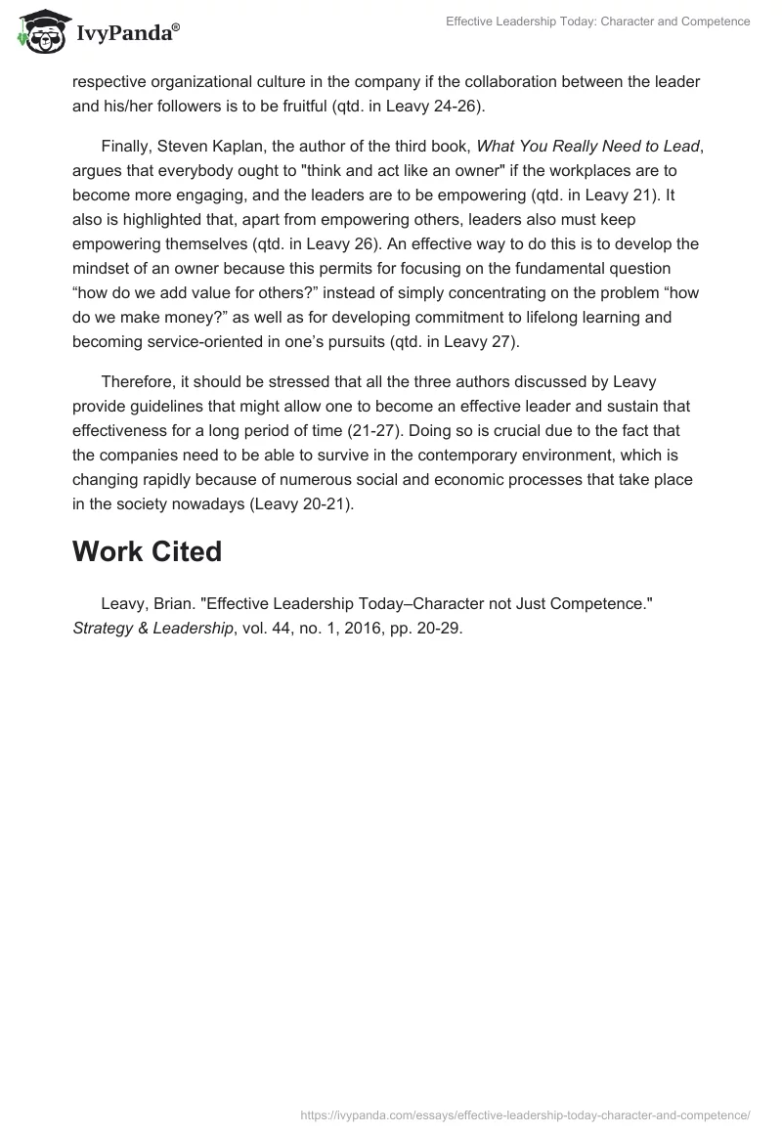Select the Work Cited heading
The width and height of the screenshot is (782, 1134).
click(147, 551)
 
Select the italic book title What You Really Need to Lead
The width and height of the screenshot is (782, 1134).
click(587, 147)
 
